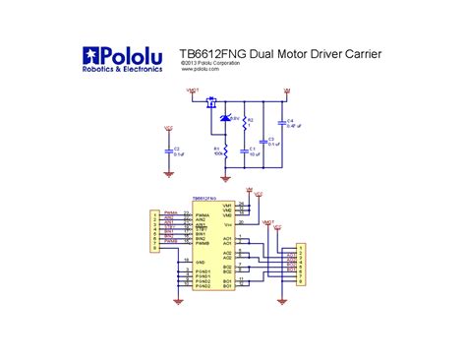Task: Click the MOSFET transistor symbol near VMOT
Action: (x=208, y=99)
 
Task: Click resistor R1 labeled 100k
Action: (x=225, y=151)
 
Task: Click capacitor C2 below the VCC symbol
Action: (x=168, y=151)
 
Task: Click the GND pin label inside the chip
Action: (x=200, y=263)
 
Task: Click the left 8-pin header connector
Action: (x=152, y=231)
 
